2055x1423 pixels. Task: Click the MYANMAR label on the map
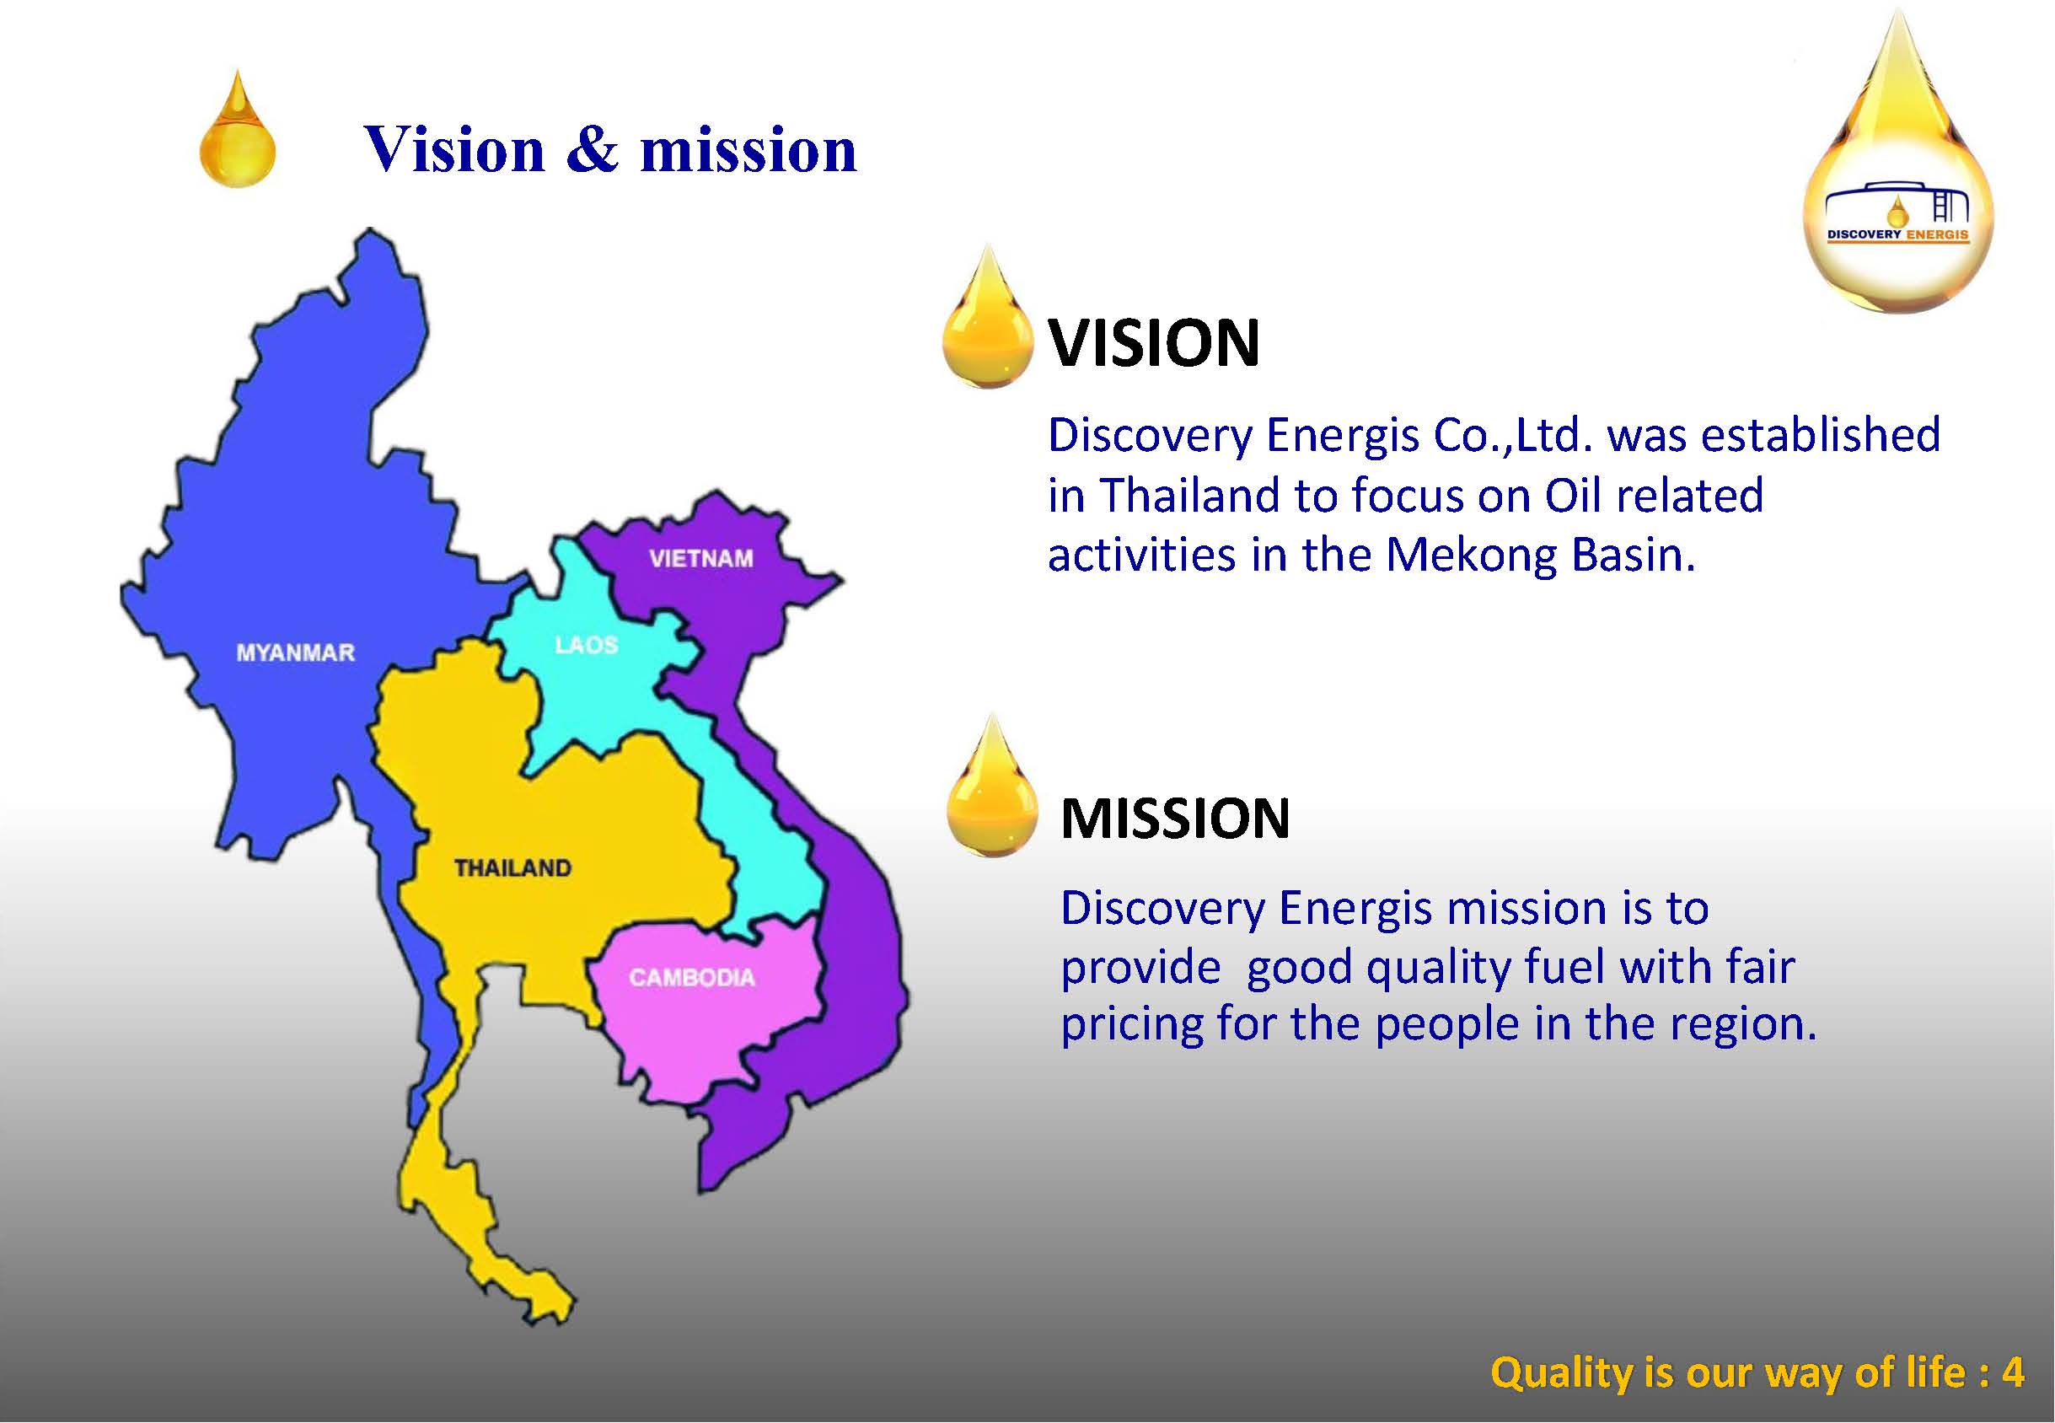295,652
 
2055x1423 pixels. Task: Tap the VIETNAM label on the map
700,559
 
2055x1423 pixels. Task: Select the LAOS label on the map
586,645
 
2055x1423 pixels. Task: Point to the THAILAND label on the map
512,867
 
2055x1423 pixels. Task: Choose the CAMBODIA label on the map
692,978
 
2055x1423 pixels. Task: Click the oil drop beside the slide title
237,130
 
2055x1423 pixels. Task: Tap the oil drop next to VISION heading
987,316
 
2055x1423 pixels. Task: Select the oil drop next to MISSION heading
991,787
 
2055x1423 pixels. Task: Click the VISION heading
1154,343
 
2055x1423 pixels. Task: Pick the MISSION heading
1175,818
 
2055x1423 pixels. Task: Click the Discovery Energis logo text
1898,235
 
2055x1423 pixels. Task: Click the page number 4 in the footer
2013,1372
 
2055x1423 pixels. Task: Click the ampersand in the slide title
592,149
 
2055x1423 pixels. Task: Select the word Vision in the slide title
454,148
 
